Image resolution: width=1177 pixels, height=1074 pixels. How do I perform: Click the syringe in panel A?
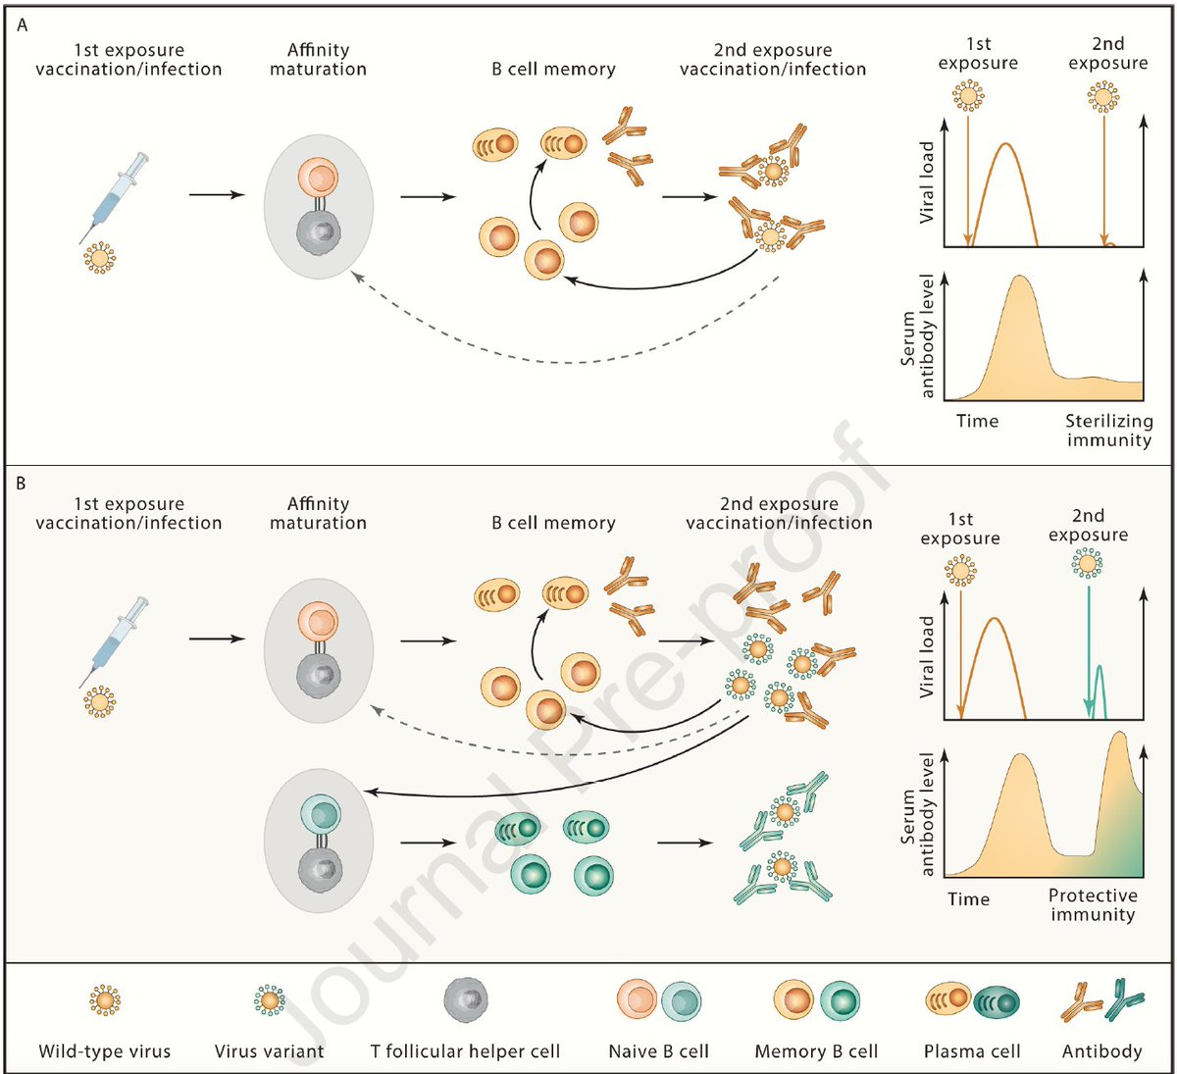tap(115, 196)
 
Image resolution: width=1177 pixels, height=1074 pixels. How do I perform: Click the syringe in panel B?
tap(115, 642)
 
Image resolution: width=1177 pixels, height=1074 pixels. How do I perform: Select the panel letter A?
tap(23, 26)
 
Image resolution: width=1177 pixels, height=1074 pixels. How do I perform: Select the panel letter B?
tap(23, 484)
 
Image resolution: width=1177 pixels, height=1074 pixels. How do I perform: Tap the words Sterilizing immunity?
tap(1109, 431)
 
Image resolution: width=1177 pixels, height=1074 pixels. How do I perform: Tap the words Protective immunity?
tap(1093, 904)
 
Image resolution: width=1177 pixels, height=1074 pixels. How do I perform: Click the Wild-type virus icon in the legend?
tap(104, 1000)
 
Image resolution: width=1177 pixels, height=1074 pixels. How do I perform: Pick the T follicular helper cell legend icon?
tap(465, 1000)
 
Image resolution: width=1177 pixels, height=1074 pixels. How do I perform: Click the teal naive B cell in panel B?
tap(320, 814)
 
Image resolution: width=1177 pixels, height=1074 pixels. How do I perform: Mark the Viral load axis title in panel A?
tap(927, 182)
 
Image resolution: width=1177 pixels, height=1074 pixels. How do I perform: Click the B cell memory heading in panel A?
tap(553, 70)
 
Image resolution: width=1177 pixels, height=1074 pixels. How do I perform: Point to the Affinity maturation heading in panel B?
tap(318, 513)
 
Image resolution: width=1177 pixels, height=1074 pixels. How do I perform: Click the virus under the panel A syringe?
tap(98, 257)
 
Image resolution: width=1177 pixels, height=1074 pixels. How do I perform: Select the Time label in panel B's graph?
tap(968, 898)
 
